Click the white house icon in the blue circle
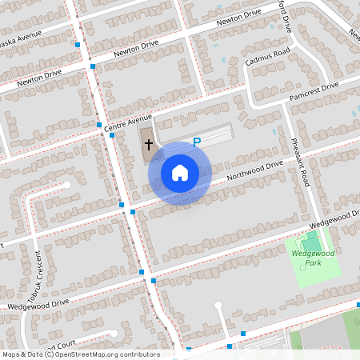click(180, 173)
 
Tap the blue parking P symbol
click(196, 142)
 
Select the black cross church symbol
click(149, 145)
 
